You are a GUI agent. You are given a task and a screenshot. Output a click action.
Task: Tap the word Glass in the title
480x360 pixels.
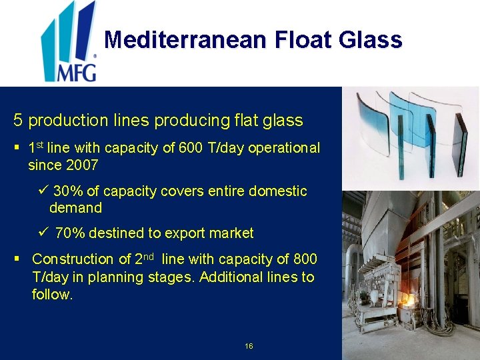click(x=371, y=40)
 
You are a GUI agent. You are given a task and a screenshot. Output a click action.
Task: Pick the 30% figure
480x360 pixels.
click(x=67, y=191)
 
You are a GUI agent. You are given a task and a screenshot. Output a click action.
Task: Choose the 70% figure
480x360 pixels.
click(x=69, y=233)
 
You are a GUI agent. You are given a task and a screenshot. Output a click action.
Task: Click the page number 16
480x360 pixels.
click(x=249, y=346)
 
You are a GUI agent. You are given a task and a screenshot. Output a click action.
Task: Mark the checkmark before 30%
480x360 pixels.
click(x=43, y=191)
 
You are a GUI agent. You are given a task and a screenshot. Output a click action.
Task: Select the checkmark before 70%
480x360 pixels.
click(x=44, y=233)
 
